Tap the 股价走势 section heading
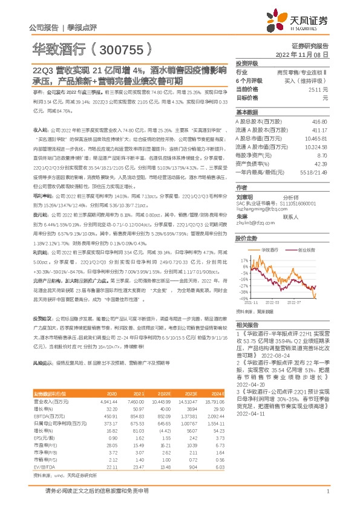click(246, 238)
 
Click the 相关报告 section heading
click(246, 325)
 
